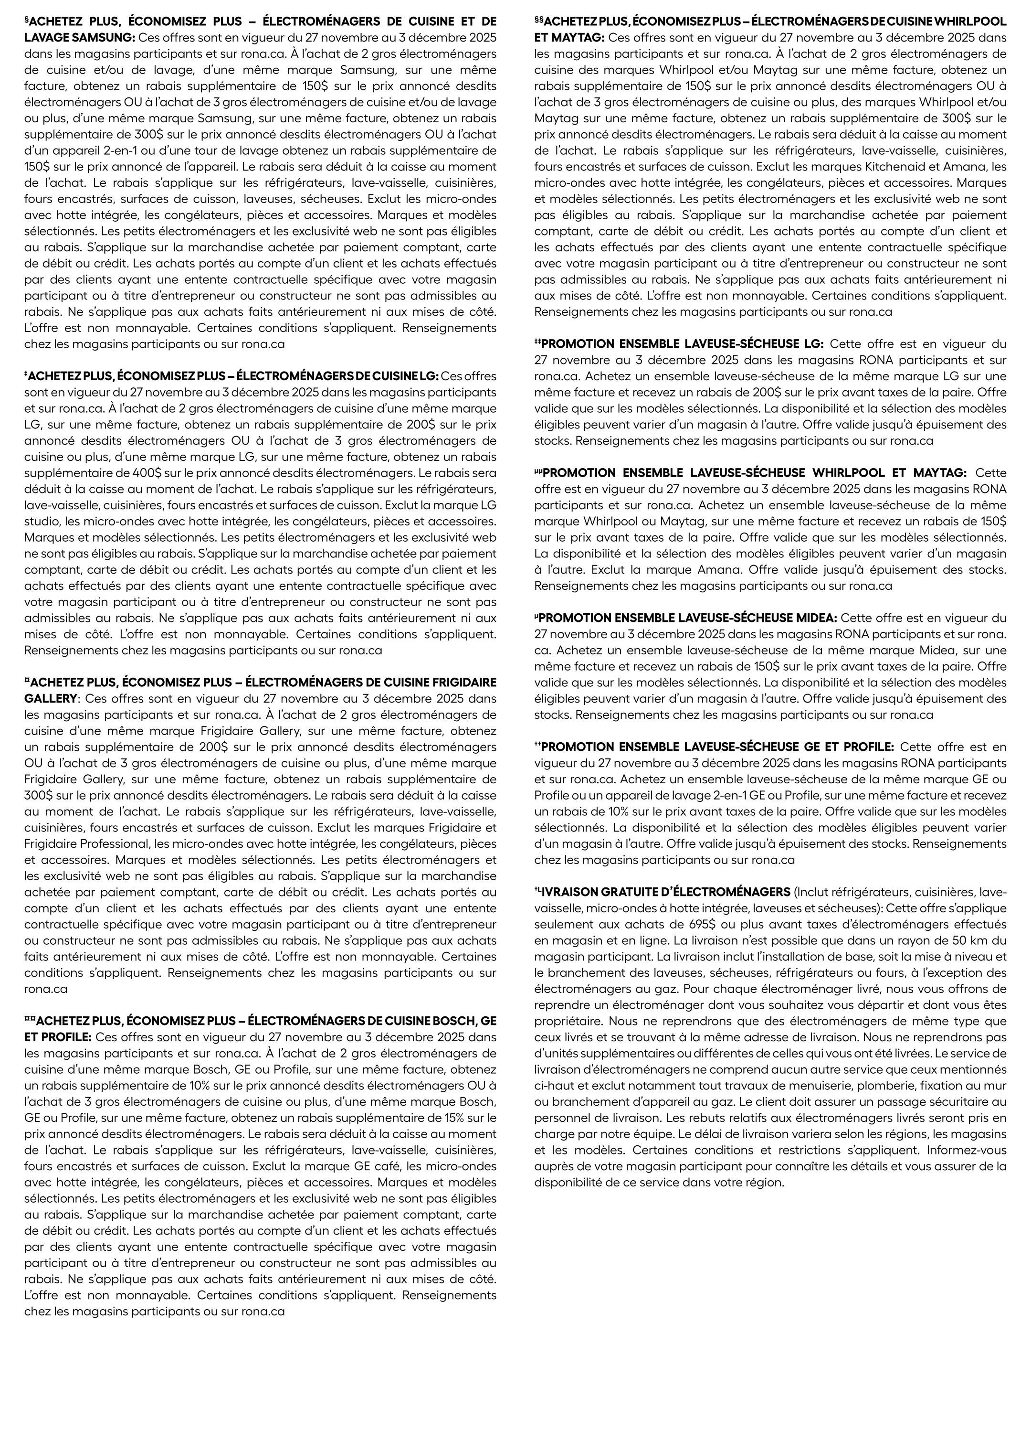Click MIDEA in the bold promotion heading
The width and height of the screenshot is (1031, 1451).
[814, 618]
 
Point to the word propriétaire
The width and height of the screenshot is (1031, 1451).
[568, 1021]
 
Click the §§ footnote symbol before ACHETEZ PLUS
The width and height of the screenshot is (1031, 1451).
[539, 21]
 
